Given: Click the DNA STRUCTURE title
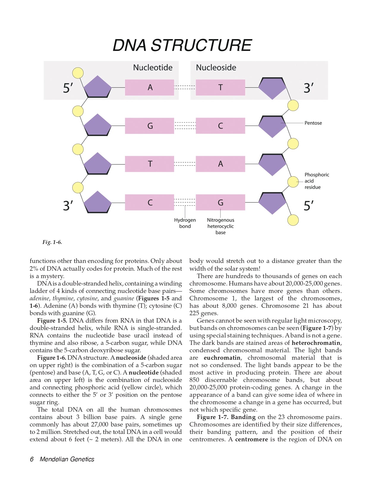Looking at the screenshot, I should pos(182,45).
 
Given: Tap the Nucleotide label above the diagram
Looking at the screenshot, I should pos(153,68).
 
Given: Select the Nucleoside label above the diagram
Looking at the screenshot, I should pos(216,68).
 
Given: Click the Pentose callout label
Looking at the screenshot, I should pos(313,123).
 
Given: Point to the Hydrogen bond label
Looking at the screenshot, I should pos(185,223).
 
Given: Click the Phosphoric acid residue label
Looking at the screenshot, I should pos(317,181).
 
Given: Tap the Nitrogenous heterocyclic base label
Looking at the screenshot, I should pos(220,226).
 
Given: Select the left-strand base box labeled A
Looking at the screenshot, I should pos(149,88).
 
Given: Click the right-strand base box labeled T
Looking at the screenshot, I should pos(220,88).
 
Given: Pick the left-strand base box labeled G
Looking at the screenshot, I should pos(149,126).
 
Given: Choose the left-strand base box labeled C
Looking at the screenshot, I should pos(149,203).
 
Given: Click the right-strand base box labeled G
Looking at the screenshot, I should pos(220,203).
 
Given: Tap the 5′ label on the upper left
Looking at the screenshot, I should pos(68,88).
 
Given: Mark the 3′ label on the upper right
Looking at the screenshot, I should pos(309,88).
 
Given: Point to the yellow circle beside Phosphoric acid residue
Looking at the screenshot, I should pos(293,182).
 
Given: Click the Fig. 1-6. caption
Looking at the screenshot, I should pos(52,242).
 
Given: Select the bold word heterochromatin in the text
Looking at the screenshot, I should pos(316,343).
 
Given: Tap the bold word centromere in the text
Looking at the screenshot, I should pos(251,440).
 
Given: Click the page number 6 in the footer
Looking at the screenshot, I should pos(32,459).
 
